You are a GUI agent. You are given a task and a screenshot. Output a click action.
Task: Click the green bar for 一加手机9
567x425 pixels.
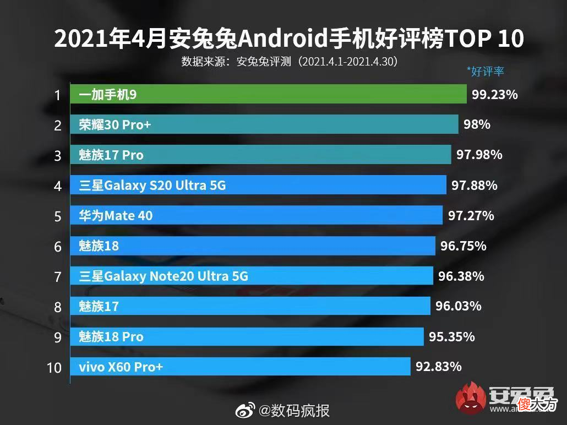(x=268, y=94)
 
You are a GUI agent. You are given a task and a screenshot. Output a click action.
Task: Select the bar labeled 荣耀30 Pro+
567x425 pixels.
(x=264, y=124)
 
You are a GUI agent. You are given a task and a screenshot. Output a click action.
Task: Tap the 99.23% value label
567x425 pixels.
(x=495, y=94)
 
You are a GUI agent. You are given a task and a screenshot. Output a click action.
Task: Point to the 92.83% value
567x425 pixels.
(x=439, y=367)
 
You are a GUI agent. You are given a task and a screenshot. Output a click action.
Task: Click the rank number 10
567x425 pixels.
(x=54, y=368)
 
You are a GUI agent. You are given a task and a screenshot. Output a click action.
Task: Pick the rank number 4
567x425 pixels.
(x=57, y=186)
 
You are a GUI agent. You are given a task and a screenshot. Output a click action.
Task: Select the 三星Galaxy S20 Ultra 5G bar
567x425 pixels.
(x=258, y=185)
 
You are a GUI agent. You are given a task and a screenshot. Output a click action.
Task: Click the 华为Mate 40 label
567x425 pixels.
(x=116, y=216)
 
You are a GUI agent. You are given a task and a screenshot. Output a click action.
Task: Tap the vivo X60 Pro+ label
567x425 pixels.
(x=121, y=367)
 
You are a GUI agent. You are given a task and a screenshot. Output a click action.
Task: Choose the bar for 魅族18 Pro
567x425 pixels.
(x=247, y=336)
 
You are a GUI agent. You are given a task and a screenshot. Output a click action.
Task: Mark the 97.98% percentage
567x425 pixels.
(x=479, y=155)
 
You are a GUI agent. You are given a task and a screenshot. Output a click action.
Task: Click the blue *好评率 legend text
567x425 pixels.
(x=486, y=71)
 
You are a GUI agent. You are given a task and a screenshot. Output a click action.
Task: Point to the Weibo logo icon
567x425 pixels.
(x=245, y=411)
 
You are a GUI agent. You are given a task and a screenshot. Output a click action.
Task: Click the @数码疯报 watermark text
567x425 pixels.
(x=294, y=411)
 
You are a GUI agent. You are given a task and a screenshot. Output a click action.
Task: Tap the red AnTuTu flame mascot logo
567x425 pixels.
(x=471, y=398)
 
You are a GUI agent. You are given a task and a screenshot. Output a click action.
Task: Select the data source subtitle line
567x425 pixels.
(x=290, y=62)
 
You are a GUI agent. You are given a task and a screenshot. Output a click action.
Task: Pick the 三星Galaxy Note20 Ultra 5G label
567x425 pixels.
(x=163, y=276)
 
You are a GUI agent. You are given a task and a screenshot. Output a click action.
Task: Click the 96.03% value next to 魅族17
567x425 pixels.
(x=459, y=306)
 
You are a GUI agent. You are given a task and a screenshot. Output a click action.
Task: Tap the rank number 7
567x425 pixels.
(x=57, y=277)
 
